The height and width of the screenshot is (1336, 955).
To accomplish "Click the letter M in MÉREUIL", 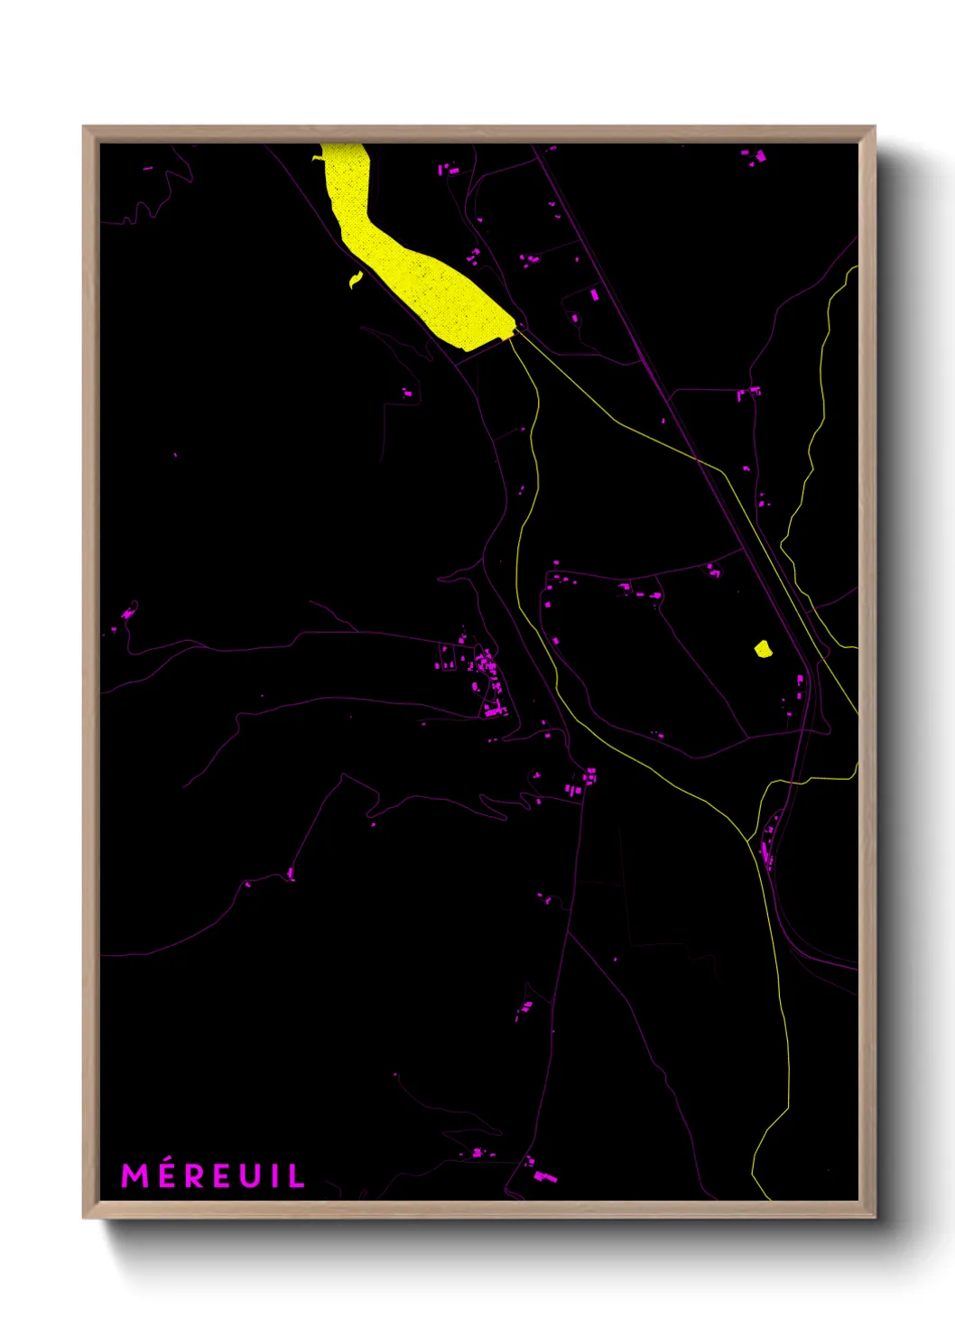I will coord(134,1175).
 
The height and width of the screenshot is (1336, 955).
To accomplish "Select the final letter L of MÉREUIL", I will coord(297,1175).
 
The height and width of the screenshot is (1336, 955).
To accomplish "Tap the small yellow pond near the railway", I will coord(763,648).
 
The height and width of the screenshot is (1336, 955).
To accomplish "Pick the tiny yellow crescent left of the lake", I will coord(356,281).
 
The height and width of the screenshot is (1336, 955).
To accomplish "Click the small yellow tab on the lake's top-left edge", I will coord(319,158).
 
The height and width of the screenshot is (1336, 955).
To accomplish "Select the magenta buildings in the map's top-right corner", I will coord(756,156).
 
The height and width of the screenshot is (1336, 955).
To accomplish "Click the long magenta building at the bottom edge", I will coord(544,1175).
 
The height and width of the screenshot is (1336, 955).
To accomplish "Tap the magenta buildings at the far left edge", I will coord(127,613).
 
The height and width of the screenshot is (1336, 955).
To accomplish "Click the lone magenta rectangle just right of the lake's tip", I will coord(594,294).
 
